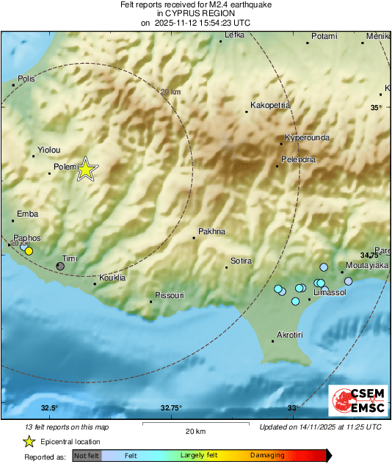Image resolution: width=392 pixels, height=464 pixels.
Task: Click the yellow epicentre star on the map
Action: pyautogui.click(x=86, y=169)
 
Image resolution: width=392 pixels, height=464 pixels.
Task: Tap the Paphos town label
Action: pyautogui.click(x=29, y=239)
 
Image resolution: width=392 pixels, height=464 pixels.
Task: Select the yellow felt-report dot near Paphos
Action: pyautogui.click(x=29, y=251)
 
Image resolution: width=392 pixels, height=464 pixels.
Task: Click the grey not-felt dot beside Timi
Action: pyautogui.click(x=60, y=265)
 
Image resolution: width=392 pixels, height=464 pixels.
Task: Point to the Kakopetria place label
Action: pyautogui.click(x=271, y=105)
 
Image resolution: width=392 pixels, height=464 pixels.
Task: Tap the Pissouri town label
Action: pyautogui.click(x=170, y=295)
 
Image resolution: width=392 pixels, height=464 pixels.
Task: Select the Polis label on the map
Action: pyautogui.click(x=26, y=78)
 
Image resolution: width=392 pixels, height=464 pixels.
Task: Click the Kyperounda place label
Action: pyautogui.click(x=307, y=138)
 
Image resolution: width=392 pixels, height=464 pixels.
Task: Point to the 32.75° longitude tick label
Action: pyautogui.click(x=171, y=408)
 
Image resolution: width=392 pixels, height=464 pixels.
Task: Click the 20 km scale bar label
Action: pyautogui.click(x=195, y=431)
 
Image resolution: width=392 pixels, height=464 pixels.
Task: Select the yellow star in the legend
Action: pyautogui.click(x=29, y=441)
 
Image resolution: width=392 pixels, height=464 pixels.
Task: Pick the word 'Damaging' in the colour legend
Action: pyautogui.click(x=267, y=456)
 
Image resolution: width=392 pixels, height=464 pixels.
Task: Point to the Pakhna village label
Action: pyautogui.click(x=211, y=232)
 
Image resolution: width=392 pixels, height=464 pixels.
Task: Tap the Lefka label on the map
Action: pyautogui.click(x=235, y=35)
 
